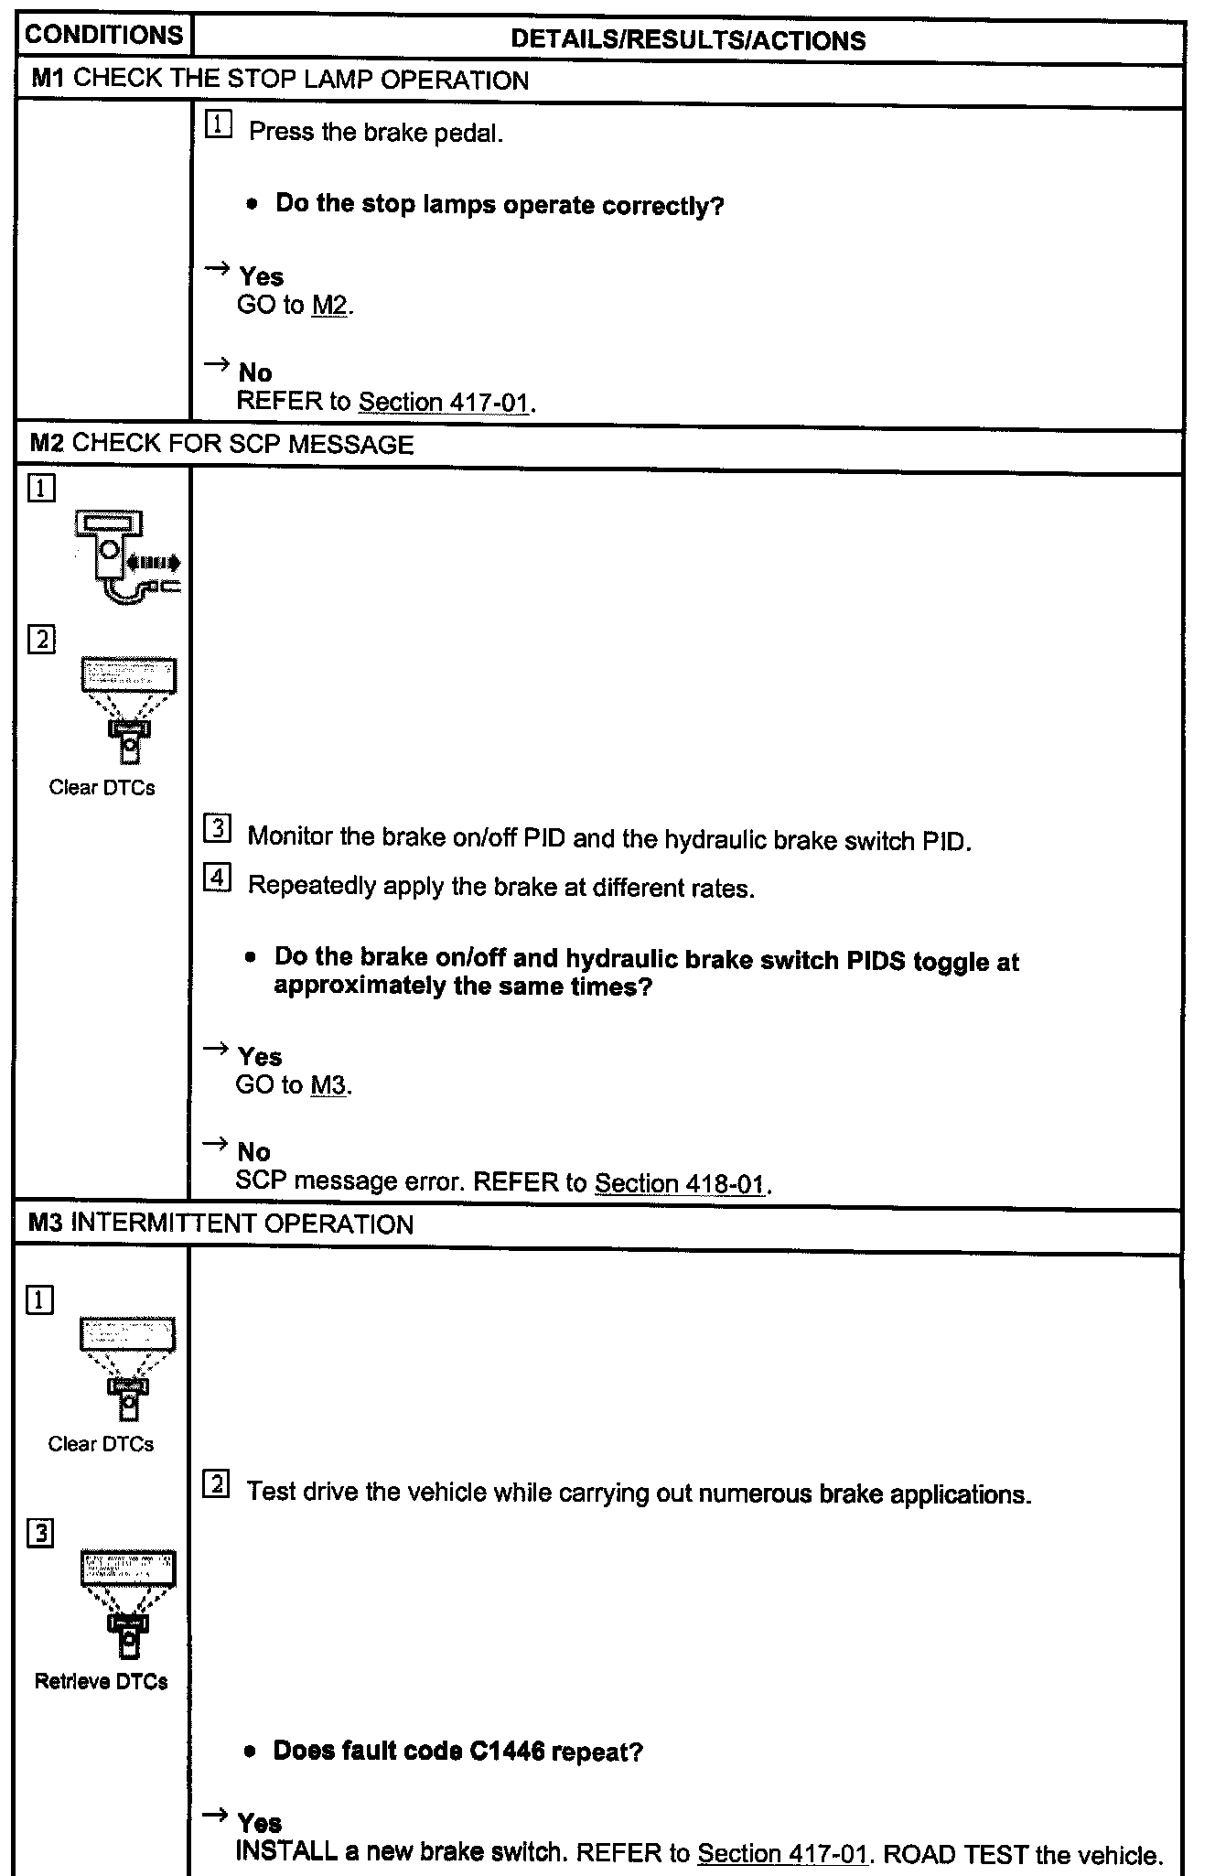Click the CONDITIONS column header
click(x=103, y=35)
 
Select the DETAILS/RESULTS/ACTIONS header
click(x=688, y=39)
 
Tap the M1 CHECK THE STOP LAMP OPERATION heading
click(x=280, y=80)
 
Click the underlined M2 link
click(x=329, y=306)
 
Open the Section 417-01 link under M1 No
click(x=445, y=402)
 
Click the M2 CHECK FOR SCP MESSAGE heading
click(x=221, y=445)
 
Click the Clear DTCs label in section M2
click(x=102, y=788)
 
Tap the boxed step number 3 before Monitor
click(x=217, y=829)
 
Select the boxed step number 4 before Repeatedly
click(x=217, y=878)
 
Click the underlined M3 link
click(x=328, y=1086)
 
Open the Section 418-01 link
click(x=680, y=1183)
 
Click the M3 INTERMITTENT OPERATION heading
click(x=220, y=1224)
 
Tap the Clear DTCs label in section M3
click(x=101, y=1444)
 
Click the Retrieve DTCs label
click(x=101, y=1681)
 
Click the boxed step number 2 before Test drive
click(x=216, y=1484)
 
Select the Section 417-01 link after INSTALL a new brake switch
click(x=782, y=1854)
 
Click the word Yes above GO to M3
click(x=260, y=1057)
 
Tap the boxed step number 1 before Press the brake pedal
click(x=218, y=125)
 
